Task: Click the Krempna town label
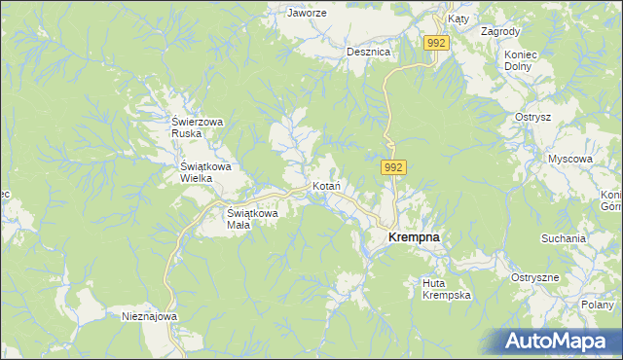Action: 414,236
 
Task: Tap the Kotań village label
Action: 324,185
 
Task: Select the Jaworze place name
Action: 305,14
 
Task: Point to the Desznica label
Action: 368,52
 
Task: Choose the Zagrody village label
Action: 500,31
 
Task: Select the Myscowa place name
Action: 569,158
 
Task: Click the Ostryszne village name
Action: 534,277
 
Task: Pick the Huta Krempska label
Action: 447,289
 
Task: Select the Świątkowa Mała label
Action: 253,218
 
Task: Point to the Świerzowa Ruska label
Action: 198,127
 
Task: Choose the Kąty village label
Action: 458,18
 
